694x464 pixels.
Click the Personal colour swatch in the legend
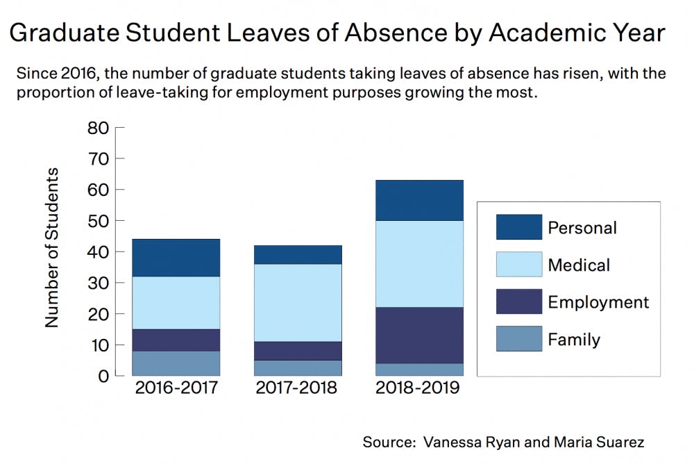click(x=518, y=227)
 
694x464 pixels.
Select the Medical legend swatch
click(x=518, y=265)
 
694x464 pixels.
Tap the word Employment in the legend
click(x=598, y=302)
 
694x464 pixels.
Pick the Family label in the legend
click(x=574, y=340)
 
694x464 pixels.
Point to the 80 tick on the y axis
click(x=99, y=128)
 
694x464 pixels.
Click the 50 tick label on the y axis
click(x=99, y=221)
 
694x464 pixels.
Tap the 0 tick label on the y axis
click(x=103, y=376)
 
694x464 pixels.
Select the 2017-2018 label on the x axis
click(x=296, y=388)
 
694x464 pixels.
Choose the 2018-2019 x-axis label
click(x=418, y=388)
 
